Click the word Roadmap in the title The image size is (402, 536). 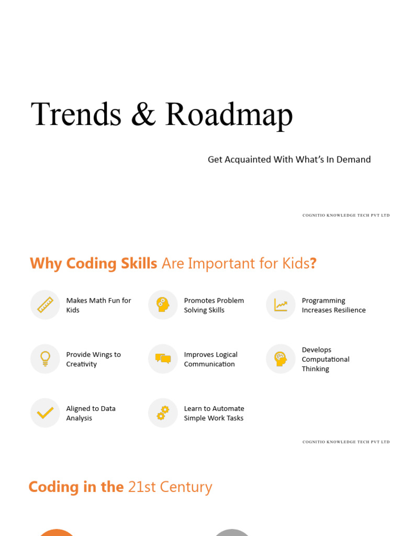229,115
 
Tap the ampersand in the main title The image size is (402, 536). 143,115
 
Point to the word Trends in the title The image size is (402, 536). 76,115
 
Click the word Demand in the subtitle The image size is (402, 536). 353,160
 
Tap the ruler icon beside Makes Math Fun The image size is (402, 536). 45,305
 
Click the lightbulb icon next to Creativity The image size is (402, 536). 45,359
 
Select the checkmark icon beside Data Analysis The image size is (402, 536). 45,413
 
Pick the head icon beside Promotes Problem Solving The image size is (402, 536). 163,305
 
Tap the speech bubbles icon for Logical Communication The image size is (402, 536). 163,359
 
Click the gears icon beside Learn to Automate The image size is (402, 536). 163,413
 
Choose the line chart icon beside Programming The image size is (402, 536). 281,305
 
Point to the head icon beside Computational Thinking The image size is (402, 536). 281,359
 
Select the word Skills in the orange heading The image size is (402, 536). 138,263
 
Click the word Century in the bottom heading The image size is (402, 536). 187,487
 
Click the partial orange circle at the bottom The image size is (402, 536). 57,532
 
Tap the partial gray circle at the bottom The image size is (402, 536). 232,532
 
